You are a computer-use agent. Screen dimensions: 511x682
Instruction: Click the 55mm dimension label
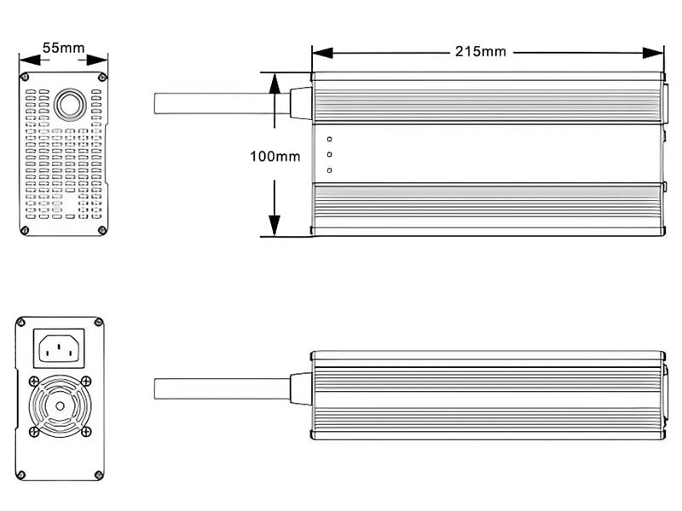point(63,48)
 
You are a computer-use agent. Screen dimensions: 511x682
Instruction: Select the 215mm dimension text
point(480,51)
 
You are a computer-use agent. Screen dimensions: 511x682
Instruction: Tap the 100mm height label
point(275,156)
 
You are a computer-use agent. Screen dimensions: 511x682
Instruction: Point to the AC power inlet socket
point(59,348)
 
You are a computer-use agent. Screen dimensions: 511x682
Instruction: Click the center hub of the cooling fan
point(59,405)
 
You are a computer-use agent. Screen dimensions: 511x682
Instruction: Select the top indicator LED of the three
point(329,139)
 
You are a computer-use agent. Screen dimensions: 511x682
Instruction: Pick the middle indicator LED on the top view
point(329,154)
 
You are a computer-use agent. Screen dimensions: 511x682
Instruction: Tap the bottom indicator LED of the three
point(329,169)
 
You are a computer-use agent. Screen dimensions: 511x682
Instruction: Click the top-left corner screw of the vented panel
point(27,78)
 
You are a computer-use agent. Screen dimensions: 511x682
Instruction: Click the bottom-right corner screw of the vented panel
point(102,228)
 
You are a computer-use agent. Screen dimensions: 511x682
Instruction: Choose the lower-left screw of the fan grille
point(33,432)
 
